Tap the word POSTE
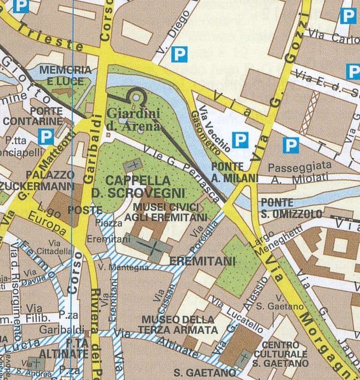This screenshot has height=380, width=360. pos(85,210)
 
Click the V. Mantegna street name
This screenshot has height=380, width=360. pos(124,267)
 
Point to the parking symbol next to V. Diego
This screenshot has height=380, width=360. pos(179,54)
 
